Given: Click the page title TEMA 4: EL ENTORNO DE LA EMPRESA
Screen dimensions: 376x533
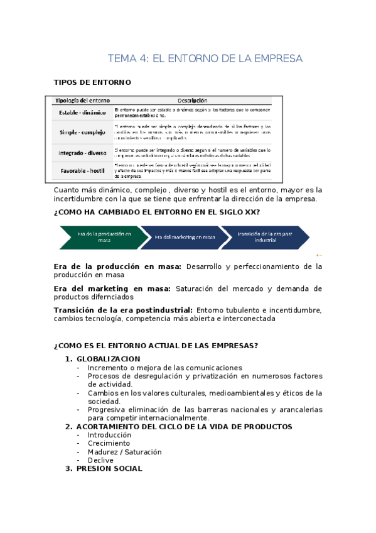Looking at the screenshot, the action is click(x=205, y=58).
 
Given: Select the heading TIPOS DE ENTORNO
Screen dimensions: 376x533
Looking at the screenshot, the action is click(x=92, y=82).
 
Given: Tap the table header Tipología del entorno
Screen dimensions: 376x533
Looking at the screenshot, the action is click(x=82, y=101).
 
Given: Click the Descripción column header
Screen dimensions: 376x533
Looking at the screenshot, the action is click(x=192, y=101).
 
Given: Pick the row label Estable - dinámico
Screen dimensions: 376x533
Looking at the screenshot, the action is click(x=82, y=113).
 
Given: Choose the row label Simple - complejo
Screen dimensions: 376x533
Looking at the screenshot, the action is click(x=82, y=133).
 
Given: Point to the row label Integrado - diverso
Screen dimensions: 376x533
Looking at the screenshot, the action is click(x=82, y=153).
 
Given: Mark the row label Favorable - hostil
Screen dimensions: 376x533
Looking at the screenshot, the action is click(x=82, y=170).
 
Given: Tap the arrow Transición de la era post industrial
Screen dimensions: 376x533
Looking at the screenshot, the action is click(x=265, y=236).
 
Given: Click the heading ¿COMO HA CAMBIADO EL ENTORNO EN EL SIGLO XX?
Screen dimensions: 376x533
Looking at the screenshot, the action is click(x=157, y=212).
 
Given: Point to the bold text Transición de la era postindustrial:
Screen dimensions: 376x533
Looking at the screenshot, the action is click(x=124, y=310).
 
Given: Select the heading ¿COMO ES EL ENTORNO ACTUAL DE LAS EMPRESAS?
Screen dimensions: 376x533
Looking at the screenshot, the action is click(x=156, y=346).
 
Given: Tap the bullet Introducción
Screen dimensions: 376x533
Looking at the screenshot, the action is click(x=109, y=435).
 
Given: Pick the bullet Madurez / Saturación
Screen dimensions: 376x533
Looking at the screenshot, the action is click(x=124, y=452).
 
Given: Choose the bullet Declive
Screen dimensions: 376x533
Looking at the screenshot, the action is click(x=100, y=460).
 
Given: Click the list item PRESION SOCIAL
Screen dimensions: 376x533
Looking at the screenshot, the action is click(x=109, y=468).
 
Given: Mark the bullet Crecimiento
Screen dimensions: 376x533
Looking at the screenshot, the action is click(x=109, y=443).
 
